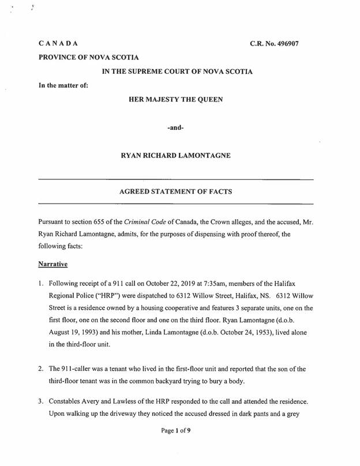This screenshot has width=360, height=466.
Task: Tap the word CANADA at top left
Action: click(58, 44)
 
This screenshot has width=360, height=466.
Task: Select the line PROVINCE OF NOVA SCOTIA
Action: click(84, 58)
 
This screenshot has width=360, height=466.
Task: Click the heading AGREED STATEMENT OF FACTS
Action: click(175, 192)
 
